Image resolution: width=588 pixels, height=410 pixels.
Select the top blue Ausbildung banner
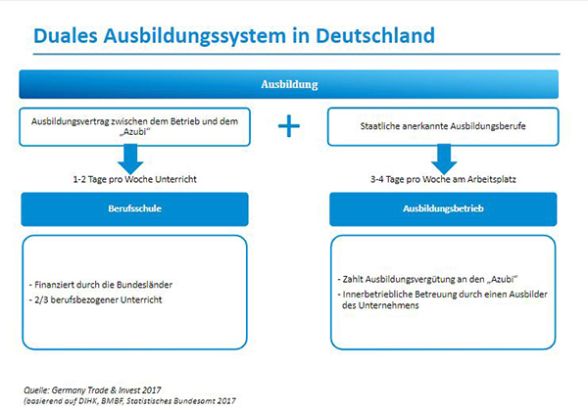[289, 84]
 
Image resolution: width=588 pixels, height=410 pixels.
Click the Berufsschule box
[135, 208]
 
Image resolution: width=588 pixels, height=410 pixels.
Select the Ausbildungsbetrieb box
[443, 208]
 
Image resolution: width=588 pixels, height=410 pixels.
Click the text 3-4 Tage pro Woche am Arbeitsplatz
[443, 180]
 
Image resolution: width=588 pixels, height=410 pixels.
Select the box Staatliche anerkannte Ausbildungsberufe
[443, 127]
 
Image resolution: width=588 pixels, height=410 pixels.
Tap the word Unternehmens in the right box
[393, 306]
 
